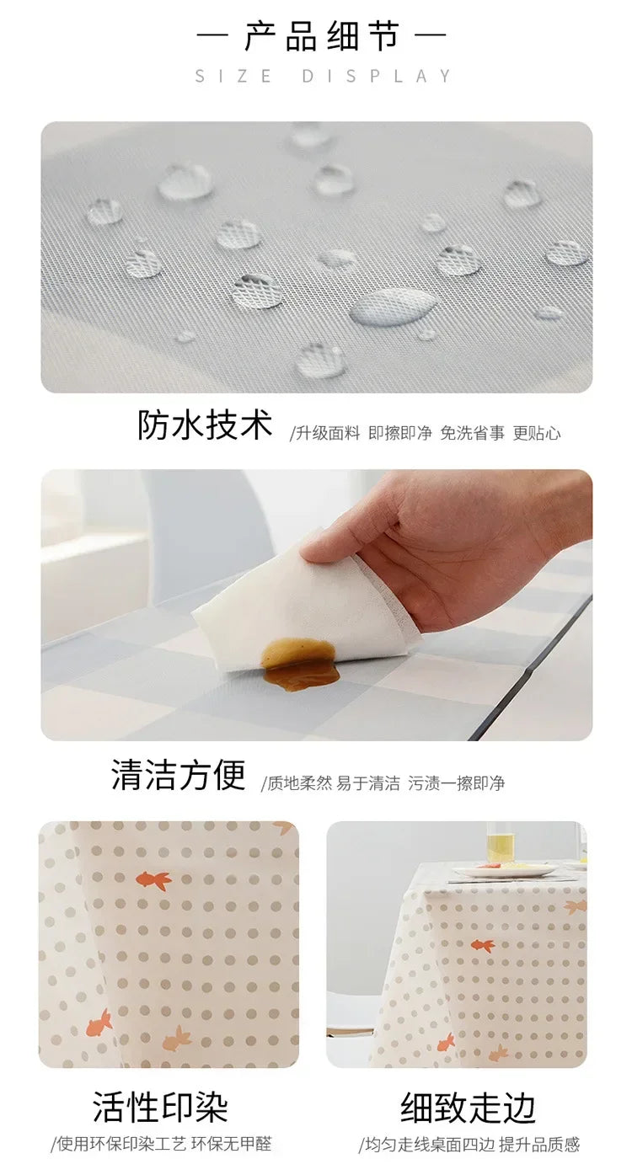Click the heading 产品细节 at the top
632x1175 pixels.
pyautogui.click(x=321, y=38)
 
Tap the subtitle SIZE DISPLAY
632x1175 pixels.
pyautogui.click(x=324, y=77)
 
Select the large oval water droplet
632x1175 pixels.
pyautogui.click(x=394, y=307)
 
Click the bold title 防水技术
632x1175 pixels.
pyautogui.click(x=205, y=425)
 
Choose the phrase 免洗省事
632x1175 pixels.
pyautogui.click(x=472, y=434)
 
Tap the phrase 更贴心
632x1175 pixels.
pyautogui.click(x=537, y=434)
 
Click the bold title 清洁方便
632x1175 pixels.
pyautogui.click(x=178, y=775)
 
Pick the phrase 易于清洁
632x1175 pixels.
pyautogui.click(x=368, y=783)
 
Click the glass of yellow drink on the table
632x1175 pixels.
pyautogui.click(x=500, y=843)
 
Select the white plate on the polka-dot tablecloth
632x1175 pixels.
pyautogui.click(x=504, y=871)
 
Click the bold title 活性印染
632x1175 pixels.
pyautogui.click(x=160, y=1108)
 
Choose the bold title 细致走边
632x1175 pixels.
pyautogui.click(x=469, y=1108)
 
